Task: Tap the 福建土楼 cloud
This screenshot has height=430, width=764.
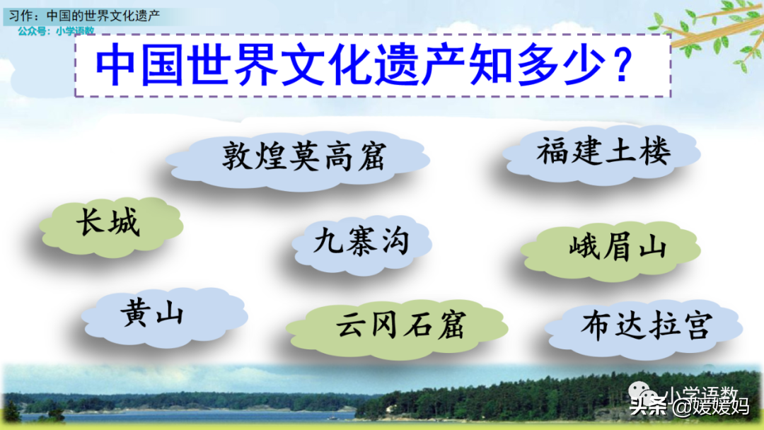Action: pyautogui.click(x=602, y=153)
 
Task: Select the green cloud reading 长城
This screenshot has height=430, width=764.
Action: pyautogui.click(x=111, y=226)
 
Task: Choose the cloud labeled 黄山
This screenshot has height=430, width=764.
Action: pyautogui.click(x=165, y=317)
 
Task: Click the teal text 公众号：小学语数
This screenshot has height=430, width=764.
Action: pyautogui.click(x=56, y=30)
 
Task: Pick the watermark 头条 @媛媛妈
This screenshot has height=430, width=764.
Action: pyautogui.click(x=689, y=406)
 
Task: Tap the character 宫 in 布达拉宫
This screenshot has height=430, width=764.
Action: pyautogui.click(x=698, y=325)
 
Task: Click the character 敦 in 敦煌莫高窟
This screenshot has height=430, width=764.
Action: pyautogui.click(x=237, y=156)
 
